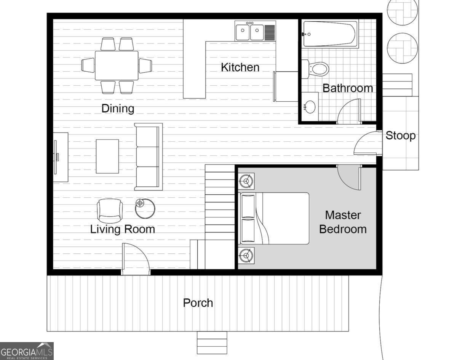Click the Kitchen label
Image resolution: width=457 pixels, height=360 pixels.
(240, 67)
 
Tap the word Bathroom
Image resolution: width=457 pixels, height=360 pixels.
(347, 88)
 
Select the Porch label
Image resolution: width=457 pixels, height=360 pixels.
(198, 303)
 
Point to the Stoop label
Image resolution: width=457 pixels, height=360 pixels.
(400, 136)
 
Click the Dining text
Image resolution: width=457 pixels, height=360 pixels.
(118, 109)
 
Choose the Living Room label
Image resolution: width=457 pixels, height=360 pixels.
(122, 229)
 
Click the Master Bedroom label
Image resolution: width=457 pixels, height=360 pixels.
(343, 222)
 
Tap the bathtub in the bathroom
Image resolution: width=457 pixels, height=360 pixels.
(330, 34)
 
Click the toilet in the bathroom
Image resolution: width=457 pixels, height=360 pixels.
(316, 69)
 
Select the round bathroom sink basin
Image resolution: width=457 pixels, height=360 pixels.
(311, 107)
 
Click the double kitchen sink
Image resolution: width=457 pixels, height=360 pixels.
(250, 32)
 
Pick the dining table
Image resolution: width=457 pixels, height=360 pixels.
(117, 66)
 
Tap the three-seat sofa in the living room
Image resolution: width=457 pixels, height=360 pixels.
(149, 157)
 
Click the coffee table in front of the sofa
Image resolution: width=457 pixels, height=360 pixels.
(107, 156)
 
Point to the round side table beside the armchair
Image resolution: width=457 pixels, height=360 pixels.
(145, 208)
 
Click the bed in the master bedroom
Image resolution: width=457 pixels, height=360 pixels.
(274, 218)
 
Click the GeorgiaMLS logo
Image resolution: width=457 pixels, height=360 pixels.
(27, 351)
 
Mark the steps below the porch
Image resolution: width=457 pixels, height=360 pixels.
(212, 342)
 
